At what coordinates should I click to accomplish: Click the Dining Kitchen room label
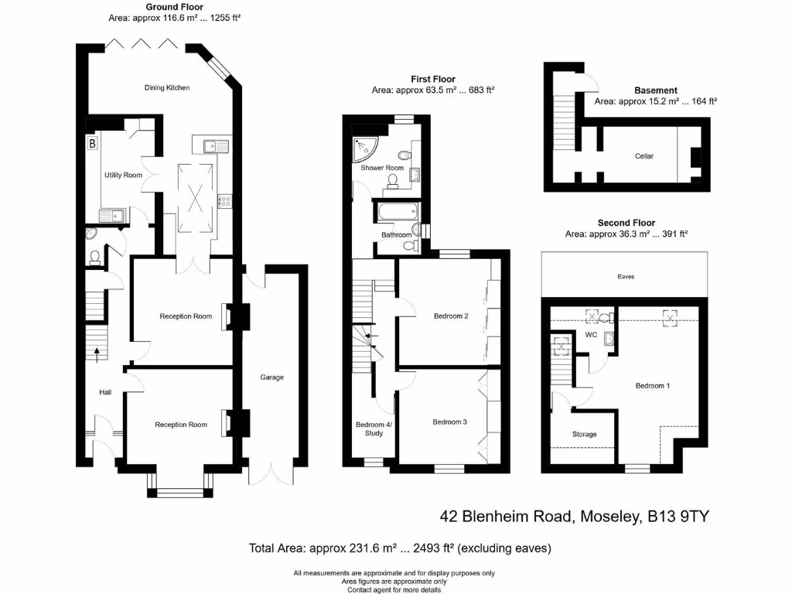point(166,87)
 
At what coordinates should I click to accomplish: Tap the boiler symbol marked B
point(92,143)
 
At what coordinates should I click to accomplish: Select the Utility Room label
point(124,176)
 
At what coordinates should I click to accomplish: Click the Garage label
point(271,377)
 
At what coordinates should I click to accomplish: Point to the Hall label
point(105,393)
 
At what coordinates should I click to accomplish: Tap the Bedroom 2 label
point(451,316)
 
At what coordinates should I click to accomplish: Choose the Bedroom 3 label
point(449,422)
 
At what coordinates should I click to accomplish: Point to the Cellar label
point(644,156)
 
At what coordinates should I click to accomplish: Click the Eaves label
point(626,276)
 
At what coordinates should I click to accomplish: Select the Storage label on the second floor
point(585,435)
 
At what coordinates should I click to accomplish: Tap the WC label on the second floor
point(591,336)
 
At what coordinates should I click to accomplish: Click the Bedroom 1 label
point(653,385)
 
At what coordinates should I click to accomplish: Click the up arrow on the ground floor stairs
point(97,353)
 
